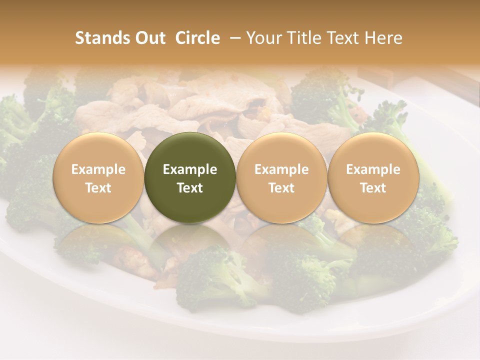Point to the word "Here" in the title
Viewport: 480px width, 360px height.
click(383, 38)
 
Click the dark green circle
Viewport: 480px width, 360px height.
click(190, 177)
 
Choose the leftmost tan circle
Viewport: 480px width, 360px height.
click(98, 177)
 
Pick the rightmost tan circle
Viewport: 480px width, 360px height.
click(373, 177)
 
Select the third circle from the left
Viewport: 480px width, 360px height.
click(281, 177)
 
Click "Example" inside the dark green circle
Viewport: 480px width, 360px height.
click(190, 169)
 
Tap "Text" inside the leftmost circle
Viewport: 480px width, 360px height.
click(98, 188)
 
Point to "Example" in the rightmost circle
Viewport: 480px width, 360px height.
click(373, 169)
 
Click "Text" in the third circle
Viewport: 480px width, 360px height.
click(281, 188)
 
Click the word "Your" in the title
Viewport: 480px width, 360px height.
click(263, 38)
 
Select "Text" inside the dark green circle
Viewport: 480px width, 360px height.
click(190, 188)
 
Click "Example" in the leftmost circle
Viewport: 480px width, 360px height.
click(98, 169)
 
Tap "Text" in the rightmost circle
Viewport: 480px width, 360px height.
click(373, 188)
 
